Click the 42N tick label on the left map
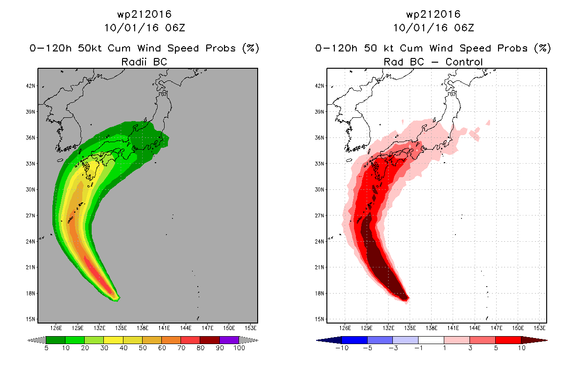point(30,86)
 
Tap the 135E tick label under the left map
point(121,328)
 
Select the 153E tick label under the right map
point(539,328)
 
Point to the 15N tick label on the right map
point(319,319)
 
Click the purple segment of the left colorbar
point(229,340)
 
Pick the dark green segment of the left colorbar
point(56,340)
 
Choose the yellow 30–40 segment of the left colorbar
point(113,340)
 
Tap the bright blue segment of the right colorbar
point(354,340)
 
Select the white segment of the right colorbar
point(431,340)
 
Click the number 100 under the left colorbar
point(239,348)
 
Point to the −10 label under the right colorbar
point(342,348)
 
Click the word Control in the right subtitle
point(464,62)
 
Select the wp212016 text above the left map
point(144,14)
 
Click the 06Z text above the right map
point(464,28)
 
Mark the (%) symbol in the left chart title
point(250,48)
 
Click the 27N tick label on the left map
point(30,216)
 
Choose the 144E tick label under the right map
point(475,328)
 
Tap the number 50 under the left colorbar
point(143,348)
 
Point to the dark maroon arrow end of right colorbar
point(534,340)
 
